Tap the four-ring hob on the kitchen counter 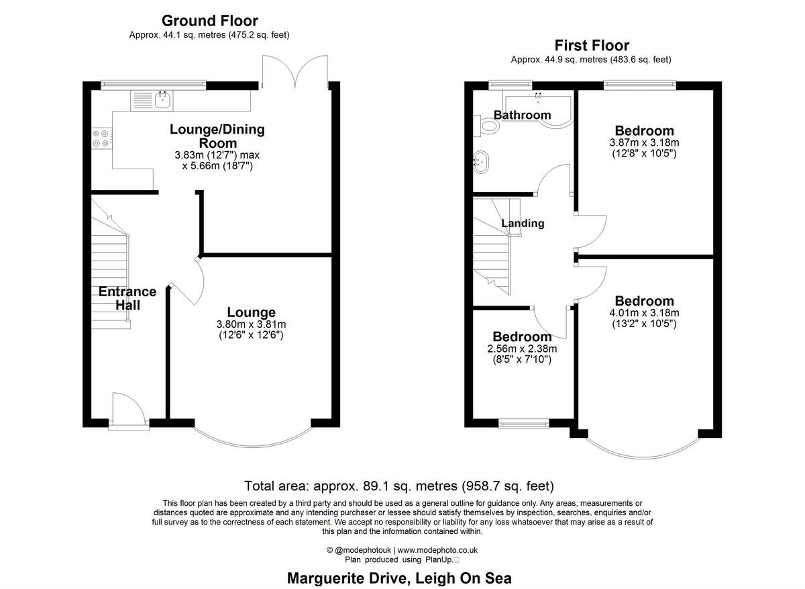pos(102,138)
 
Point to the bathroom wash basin pos(480,162)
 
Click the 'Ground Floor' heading pos(210,21)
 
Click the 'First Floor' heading pos(592,46)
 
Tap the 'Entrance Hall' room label pos(127,298)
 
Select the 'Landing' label pos(523,223)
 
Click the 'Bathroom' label pos(522,115)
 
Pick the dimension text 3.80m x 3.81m pos(251,324)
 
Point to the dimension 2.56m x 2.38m pos(522,349)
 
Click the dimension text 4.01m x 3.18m pos(645,313)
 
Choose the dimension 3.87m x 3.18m pos(645,142)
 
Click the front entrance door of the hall pos(129,411)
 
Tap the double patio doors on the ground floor pos(295,71)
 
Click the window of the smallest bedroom pos(524,424)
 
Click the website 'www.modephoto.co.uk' pos(437,550)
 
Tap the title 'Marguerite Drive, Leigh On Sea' pos(399,578)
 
